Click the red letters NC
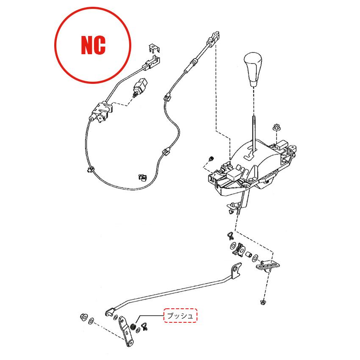point(93,45)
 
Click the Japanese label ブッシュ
point(180,316)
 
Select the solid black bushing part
point(133,326)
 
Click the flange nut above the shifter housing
point(277,127)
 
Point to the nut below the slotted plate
point(263,302)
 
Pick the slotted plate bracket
point(268,266)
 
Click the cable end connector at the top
point(213,39)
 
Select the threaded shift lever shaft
point(254,133)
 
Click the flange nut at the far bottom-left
point(83,317)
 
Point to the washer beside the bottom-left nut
point(91,321)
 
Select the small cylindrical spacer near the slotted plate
point(249,255)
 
